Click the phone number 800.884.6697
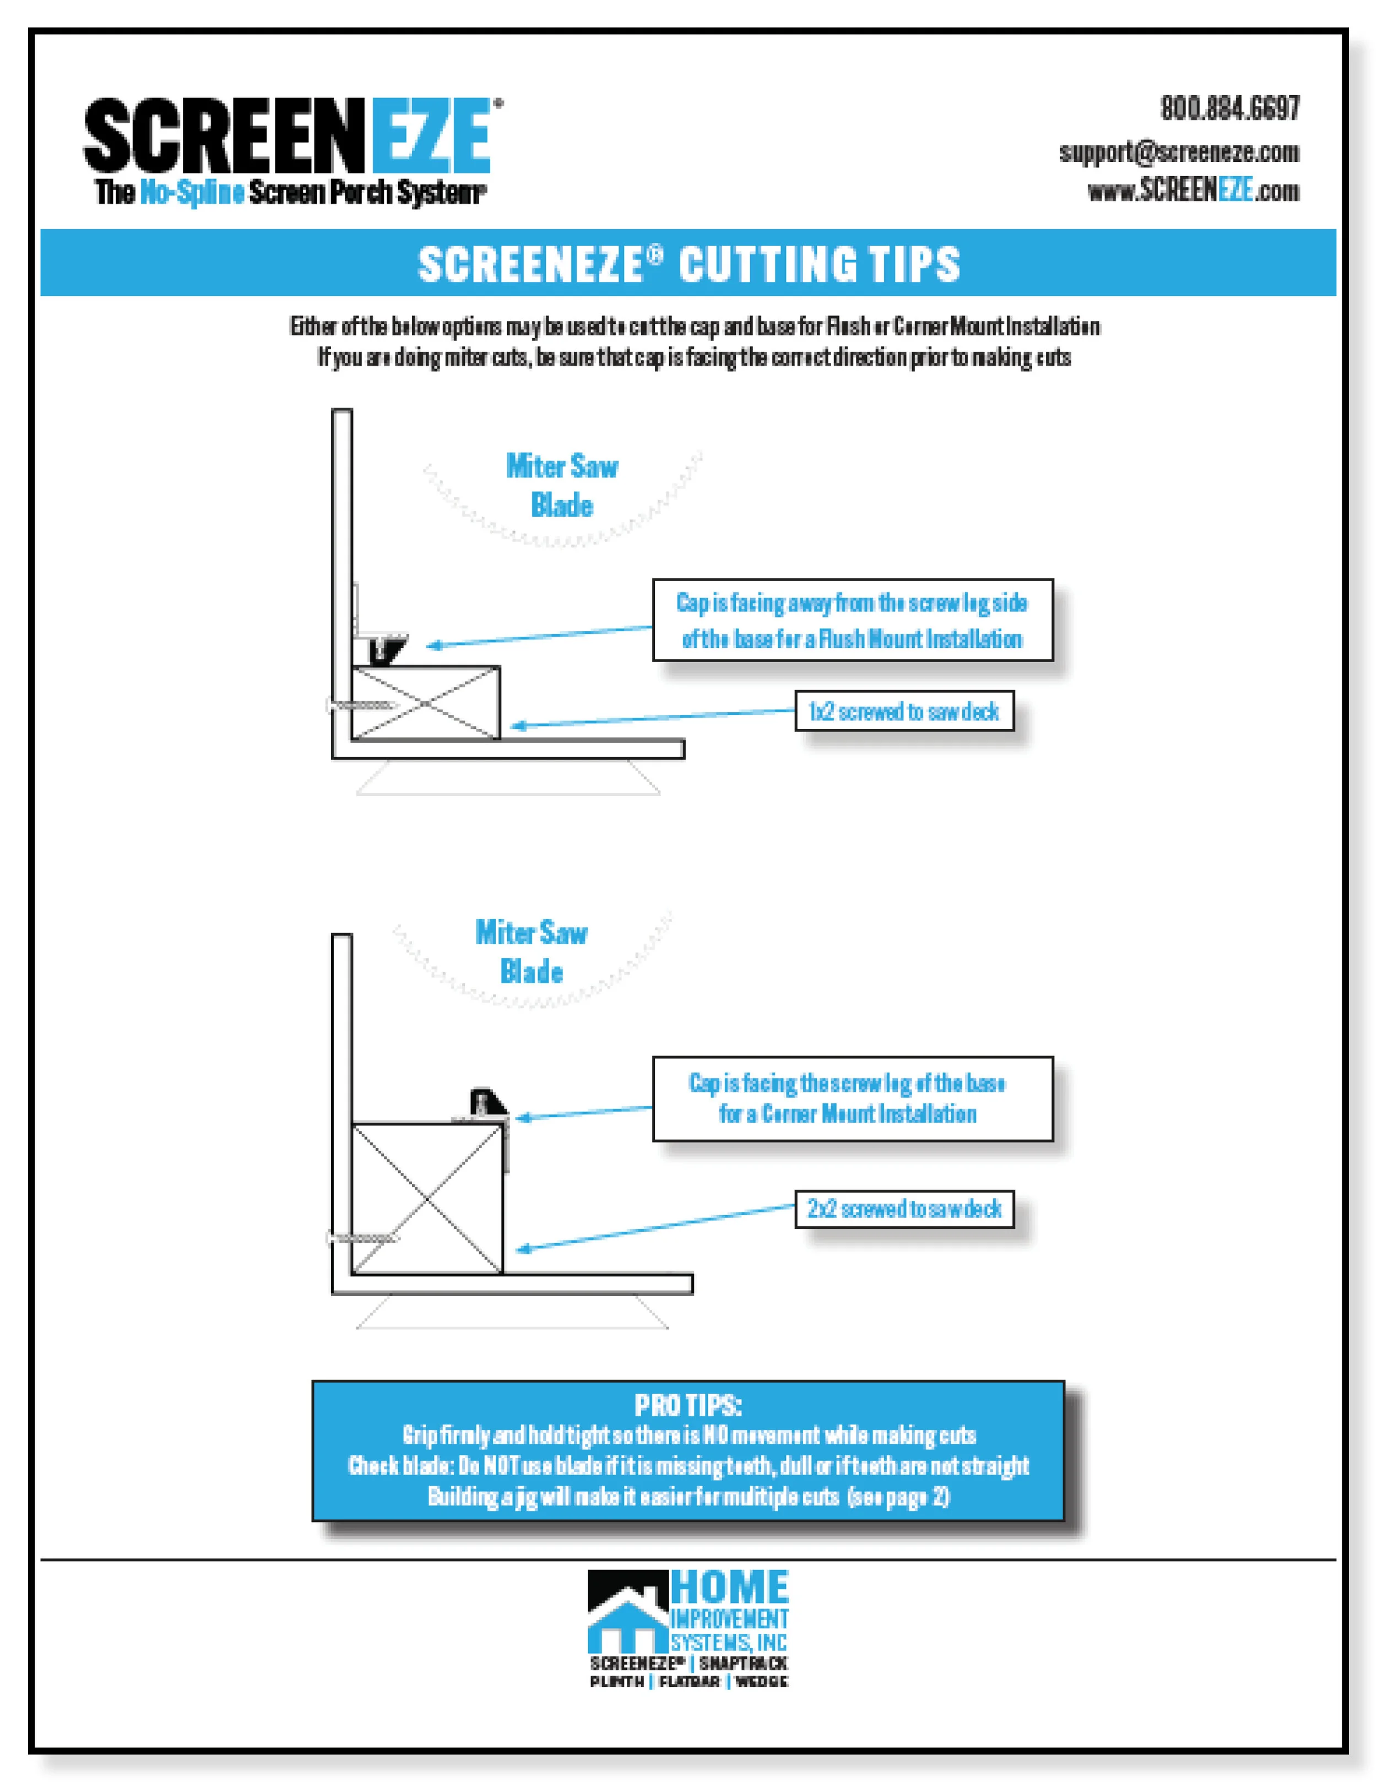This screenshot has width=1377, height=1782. tap(1229, 108)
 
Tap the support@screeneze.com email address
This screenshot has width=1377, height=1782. tap(1179, 152)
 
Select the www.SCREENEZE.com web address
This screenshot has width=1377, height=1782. tap(1192, 191)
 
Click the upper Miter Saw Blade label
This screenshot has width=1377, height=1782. tap(561, 485)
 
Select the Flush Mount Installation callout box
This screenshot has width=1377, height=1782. tap(853, 620)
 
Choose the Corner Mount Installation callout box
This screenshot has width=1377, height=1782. tap(853, 1098)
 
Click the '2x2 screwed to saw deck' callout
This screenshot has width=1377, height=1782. tap(904, 1209)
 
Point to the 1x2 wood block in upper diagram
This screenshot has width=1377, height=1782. tap(425, 702)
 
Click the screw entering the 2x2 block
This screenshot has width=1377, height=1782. tap(363, 1239)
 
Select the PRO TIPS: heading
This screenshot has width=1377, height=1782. tap(688, 1405)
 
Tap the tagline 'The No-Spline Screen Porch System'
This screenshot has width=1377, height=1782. tap(290, 193)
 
